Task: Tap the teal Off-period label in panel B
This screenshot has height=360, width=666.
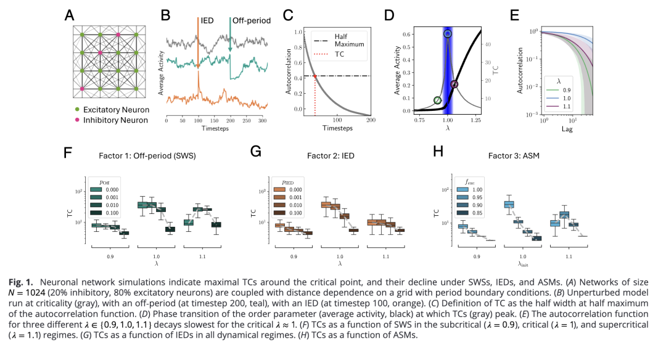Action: [x=250, y=20]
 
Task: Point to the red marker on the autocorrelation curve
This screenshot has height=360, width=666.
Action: [x=315, y=76]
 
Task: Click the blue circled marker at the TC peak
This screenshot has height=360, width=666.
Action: [x=448, y=34]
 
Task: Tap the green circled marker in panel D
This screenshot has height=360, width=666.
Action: [x=437, y=100]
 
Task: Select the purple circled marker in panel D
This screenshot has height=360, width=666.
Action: [x=454, y=84]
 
